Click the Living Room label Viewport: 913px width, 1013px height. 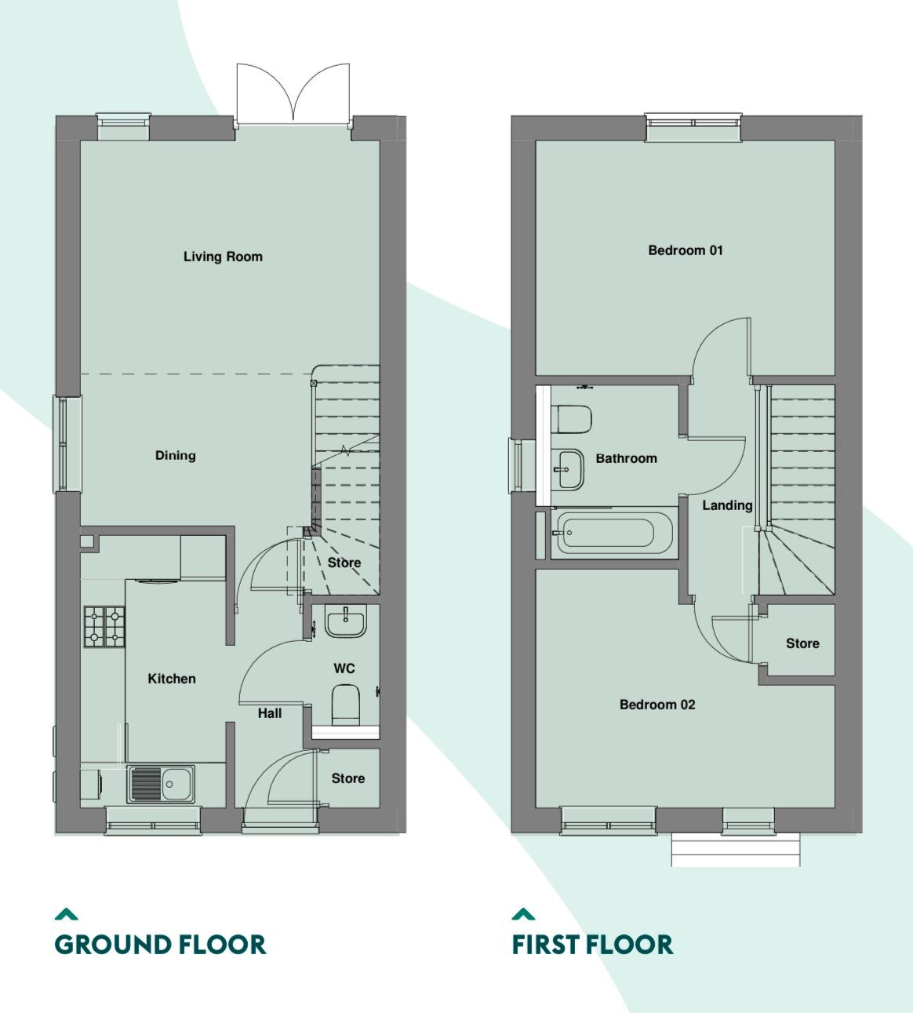point(223,257)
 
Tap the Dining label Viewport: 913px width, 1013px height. point(175,455)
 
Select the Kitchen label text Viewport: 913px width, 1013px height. point(172,678)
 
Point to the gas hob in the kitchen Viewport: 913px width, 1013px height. point(104,626)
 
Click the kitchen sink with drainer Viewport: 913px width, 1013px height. point(161,784)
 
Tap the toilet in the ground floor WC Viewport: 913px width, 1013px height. point(345,705)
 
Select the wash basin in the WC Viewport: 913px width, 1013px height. point(346,622)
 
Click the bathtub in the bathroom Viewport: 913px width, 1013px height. point(613,533)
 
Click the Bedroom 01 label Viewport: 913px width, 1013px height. point(686,250)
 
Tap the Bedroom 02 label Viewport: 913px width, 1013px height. point(657,705)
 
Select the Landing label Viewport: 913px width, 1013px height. point(727,505)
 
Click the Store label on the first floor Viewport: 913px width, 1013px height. point(802,643)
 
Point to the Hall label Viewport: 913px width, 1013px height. point(270,713)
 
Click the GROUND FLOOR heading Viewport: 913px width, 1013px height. point(160,944)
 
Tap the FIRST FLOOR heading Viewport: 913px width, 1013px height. point(592,944)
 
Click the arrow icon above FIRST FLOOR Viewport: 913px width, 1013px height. point(523,914)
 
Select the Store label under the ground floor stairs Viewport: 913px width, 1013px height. point(344,563)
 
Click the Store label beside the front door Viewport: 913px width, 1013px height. point(348,778)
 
